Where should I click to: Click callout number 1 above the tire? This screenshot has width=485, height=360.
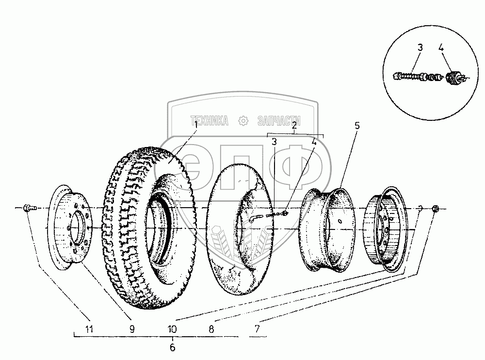[196, 125]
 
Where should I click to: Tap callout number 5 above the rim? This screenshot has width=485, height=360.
[357, 126]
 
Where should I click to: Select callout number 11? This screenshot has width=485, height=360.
[88, 328]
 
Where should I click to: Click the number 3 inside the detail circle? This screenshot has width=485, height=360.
[420, 48]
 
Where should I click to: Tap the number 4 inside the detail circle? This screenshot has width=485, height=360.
[441, 48]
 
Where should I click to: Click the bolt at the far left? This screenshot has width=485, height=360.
[27, 208]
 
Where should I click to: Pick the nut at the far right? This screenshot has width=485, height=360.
[435, 208]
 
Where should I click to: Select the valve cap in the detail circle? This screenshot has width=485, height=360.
[453, 77]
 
